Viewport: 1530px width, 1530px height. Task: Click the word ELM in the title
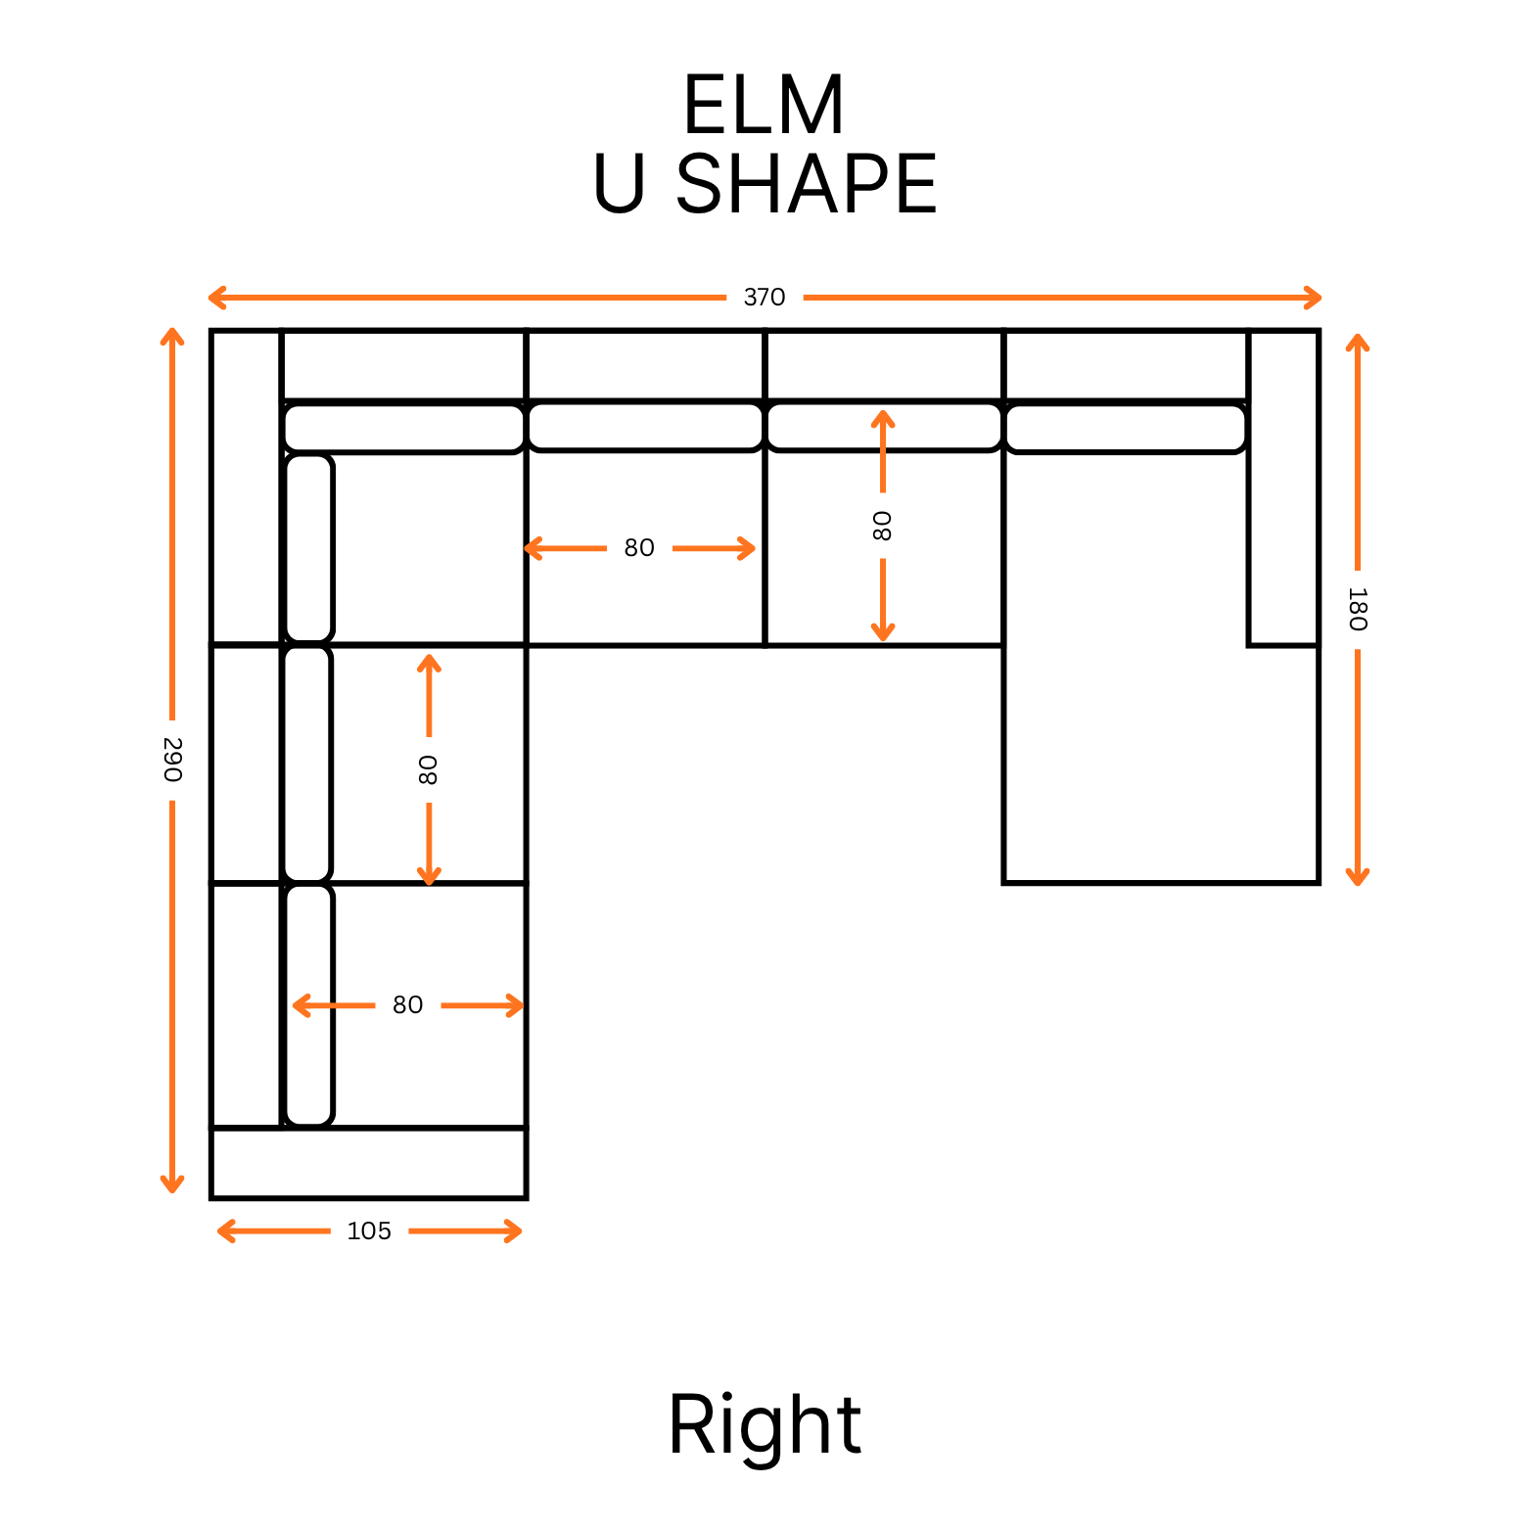click(764, 106)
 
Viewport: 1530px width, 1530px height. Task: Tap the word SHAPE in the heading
click(806, 185)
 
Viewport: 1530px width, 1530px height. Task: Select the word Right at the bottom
click(765, 1425)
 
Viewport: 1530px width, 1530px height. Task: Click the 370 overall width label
click(765, 298)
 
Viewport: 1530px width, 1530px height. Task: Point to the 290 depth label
click(172, 760)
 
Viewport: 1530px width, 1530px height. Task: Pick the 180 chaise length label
click(1357, 609)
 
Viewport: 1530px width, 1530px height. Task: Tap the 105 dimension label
click(369, 1231)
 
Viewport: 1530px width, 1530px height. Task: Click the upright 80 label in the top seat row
click(639, 548)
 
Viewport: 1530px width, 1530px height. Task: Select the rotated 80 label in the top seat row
click(882, 526)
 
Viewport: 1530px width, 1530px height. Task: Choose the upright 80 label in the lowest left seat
click(407, 1005)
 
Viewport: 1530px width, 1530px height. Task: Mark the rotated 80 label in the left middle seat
click(428, 769)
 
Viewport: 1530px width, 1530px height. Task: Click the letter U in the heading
click(619, 185)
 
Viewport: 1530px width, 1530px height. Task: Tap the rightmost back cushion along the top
click(1126, 429)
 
